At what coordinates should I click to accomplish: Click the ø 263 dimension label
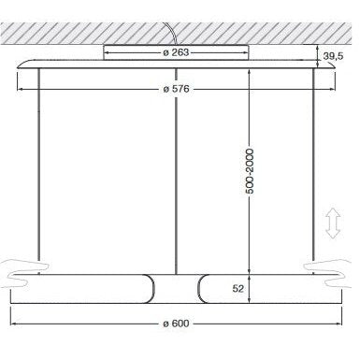[x=176, y=52]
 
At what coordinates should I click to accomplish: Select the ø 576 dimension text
[x=176, y=89]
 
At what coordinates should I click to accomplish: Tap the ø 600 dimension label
[x=176, y=324]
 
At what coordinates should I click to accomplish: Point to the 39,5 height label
[x=333, y=56]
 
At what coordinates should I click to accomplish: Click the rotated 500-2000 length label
[x=250, y=172]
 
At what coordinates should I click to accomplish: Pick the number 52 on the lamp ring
[x=238, y=289]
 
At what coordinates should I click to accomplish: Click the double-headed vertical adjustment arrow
[x=333, y=223]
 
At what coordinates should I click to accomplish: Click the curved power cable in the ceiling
[x=174, y=34]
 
